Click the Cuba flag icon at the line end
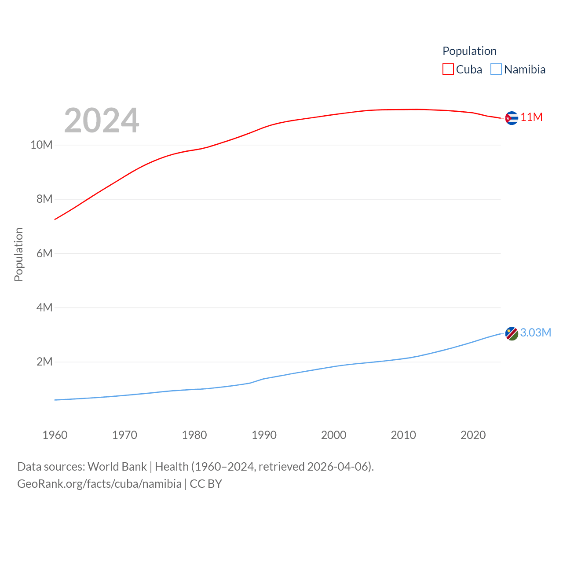coord(512,118)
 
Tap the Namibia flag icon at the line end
coord(512,334)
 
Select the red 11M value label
coord(531,117)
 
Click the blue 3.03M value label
coord(535,333)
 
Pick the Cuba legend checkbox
coord(448,69)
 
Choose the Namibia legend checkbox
coord(496,69)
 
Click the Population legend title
coord(469,51)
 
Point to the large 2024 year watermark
coord(102,121)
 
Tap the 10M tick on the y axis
coord(41,145)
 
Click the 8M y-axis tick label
coord(44,199)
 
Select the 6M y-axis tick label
coord(44,253)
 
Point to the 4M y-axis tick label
coord(44,307)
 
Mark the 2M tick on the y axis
coord(44,362)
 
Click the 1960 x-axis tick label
coord(55,435)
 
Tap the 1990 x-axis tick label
coord(264,435)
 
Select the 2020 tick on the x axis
coord(473,435)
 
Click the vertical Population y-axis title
coord(18,254)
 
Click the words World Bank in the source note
coord(117,466)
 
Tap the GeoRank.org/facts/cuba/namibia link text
coord(99,484)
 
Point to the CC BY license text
coord(206,484)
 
